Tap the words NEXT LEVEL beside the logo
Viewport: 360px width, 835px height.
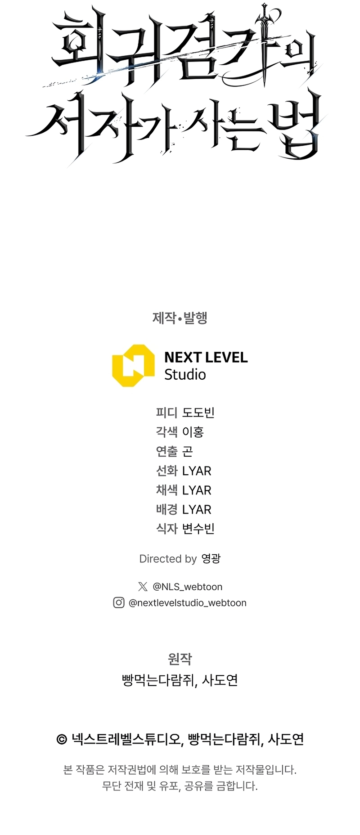(x=206, y=357)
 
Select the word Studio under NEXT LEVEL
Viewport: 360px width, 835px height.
(x=185, y=374)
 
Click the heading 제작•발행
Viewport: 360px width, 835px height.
(x=180, y=318)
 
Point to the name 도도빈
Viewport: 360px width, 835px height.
(x=198, y=413)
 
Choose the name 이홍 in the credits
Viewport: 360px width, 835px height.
(x=193, y=432)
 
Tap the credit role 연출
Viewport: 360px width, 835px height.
(x=166, y=451)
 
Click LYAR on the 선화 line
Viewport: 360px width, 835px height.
(x=197, y=471)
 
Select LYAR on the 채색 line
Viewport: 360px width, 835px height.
(x=197, y=490)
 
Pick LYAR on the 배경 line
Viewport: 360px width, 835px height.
(x=197, y=510)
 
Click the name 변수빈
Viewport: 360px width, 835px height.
(x=198, y=529)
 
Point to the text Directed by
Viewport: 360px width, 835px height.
(x=168, y=559)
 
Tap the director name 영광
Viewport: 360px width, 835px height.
(x=211, y=559)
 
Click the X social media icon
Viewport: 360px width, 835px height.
(x=143, y=586)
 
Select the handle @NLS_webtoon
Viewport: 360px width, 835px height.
(x=187, y=587)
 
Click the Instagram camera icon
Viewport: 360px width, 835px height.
(x=119, y=602)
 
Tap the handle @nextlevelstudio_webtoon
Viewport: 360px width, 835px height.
(x=188, y=603)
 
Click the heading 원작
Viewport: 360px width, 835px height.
(x=180, y=659)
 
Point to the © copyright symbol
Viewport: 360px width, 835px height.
(x=62, y=739)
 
